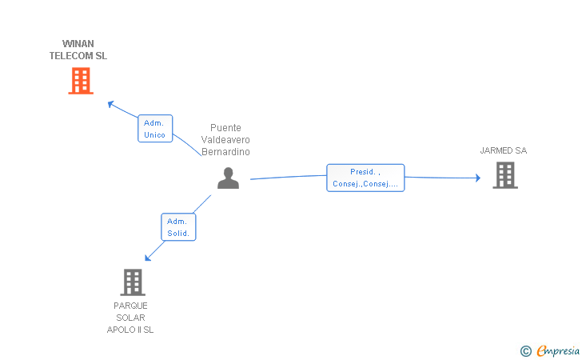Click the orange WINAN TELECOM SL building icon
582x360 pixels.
point(81,81)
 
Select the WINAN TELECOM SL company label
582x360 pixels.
point(78,50)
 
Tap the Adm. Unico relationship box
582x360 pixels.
point(155,129)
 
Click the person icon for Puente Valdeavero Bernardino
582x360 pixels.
point(228,178)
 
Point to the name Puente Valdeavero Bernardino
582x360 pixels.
point(225,140)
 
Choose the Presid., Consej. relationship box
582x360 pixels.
point(365,178)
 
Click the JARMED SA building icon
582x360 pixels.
point(505,175)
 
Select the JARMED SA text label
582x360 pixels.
point(504,150)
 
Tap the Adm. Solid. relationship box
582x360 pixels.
point(178,227)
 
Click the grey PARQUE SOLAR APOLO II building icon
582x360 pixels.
point(133,282)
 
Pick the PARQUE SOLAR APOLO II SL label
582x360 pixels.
point(130,318)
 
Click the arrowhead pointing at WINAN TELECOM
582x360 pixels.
point(110,104)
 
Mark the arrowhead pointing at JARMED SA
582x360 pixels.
point(478,178)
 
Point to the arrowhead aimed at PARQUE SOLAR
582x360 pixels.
point(148,258)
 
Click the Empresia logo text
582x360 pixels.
point(558,350)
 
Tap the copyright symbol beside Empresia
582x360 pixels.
point(526,351)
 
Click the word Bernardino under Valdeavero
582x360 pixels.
point(225,151)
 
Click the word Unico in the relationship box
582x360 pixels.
point(154,135)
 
